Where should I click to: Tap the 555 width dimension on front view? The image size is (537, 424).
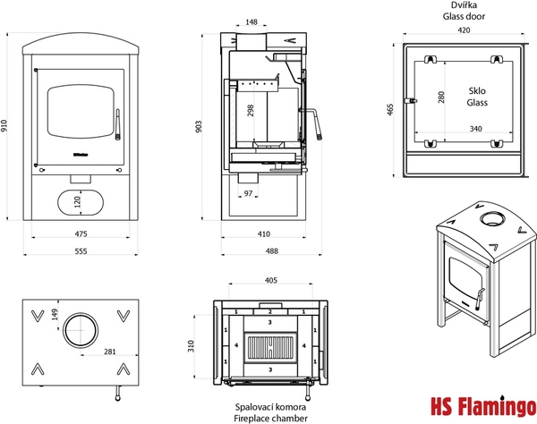point(81,252)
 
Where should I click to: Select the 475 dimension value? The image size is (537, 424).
point(81,234)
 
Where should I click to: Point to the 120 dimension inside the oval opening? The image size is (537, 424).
point(77,202)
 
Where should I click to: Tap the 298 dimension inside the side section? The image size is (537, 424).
point(251,110)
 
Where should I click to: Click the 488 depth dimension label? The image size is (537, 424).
point(263,252)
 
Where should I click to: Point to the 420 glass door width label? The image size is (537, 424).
point(463,30)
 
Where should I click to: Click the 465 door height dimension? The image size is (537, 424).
point(390,109)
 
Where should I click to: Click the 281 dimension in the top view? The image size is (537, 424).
point(108,352)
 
